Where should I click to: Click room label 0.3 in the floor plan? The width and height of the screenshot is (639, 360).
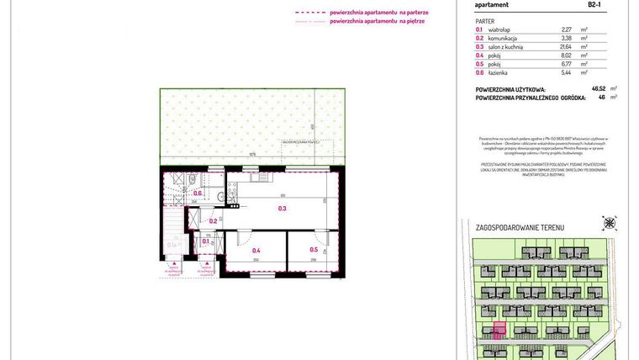coord(283,209)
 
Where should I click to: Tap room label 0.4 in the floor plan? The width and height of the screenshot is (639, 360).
coord(256,250)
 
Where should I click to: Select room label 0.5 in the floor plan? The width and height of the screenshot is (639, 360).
coord(314,250)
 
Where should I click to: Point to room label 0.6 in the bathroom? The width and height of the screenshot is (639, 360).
coord(198,194)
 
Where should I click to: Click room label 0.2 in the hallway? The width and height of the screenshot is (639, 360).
coord(214,221)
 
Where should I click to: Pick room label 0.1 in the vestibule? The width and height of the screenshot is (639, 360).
coord(206,241)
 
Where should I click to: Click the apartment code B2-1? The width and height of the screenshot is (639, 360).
coord(594,4)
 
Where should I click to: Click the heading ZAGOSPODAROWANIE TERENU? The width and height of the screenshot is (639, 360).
coord(520,227)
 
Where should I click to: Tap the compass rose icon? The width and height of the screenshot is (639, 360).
coord(610,224)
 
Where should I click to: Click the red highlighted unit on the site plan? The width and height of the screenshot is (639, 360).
coord(498,330)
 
